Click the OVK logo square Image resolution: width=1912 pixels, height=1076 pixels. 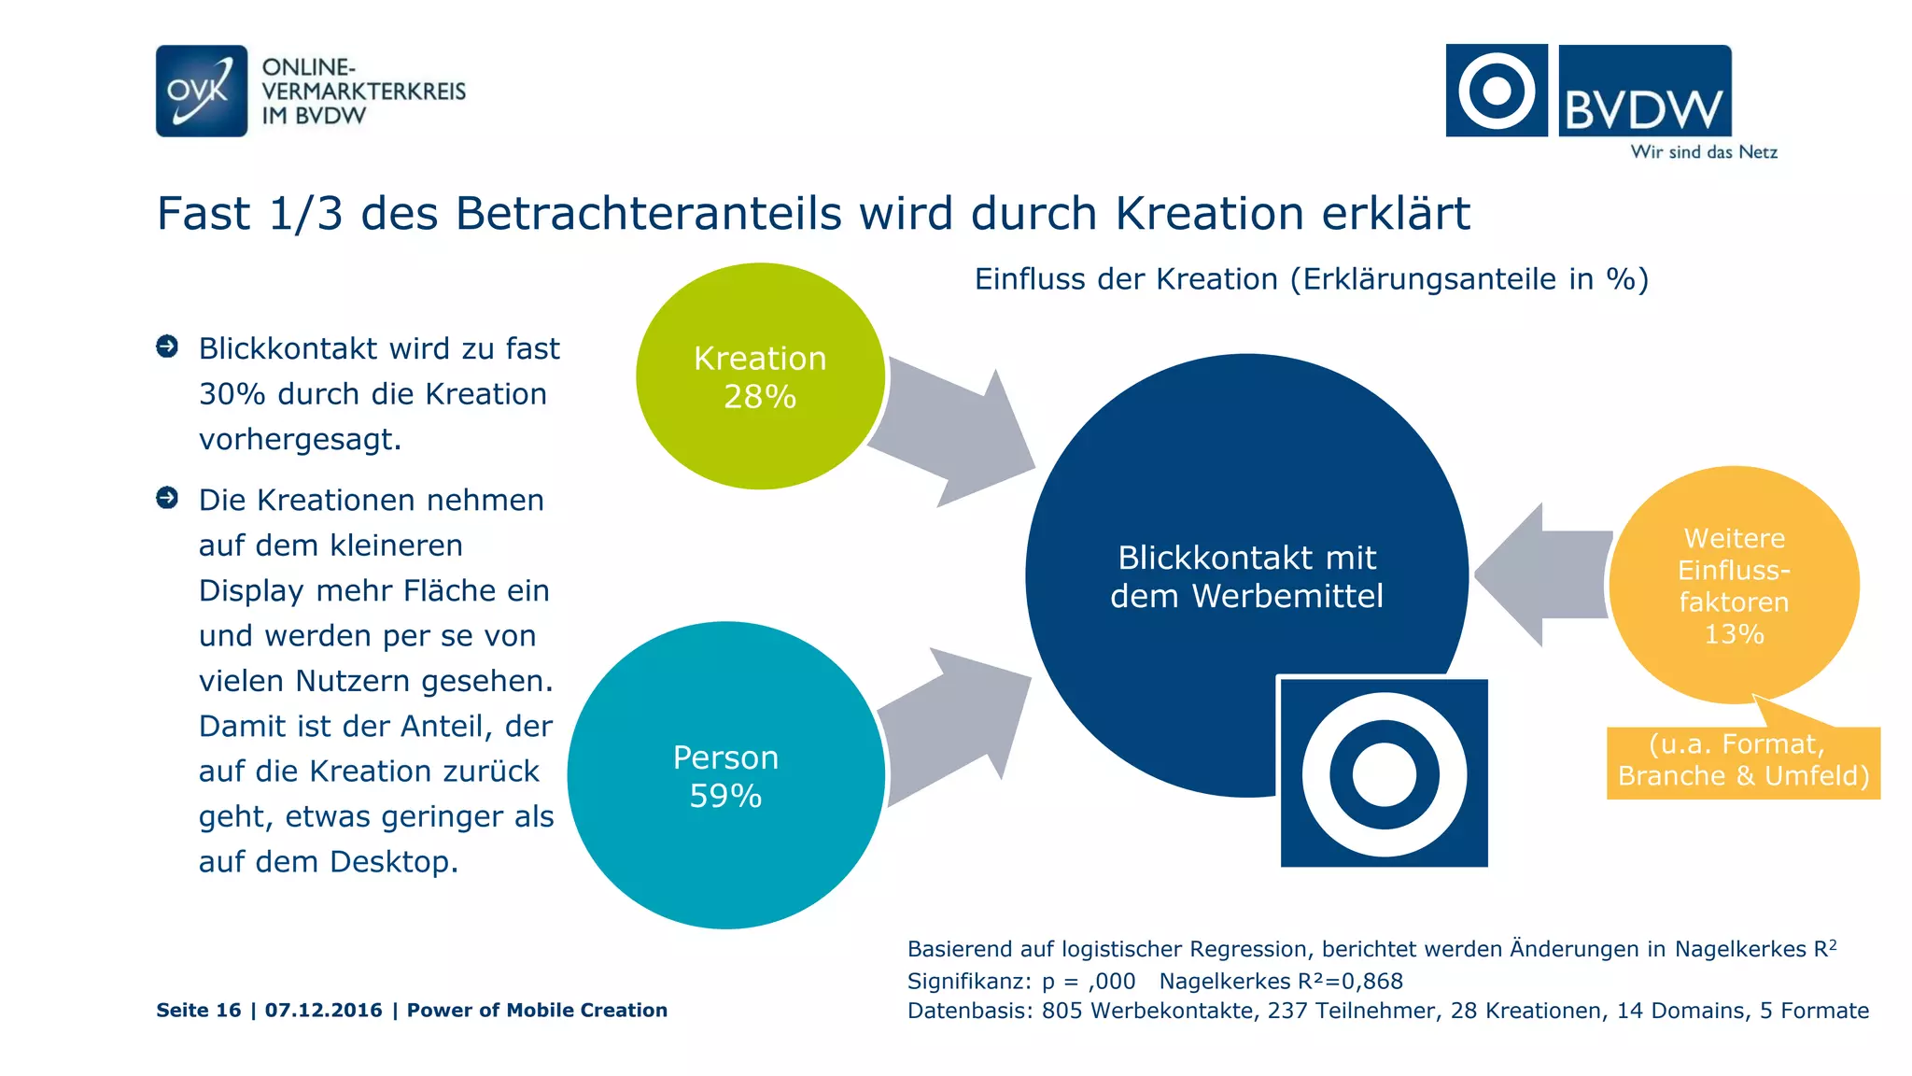point(202,91)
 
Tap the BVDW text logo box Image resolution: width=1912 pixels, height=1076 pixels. point(1644,92)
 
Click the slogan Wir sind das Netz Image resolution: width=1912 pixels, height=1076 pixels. point(1703,152)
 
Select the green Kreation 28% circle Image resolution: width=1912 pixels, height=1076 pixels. point(760,376)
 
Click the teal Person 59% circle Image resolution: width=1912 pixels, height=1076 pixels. point(725,775)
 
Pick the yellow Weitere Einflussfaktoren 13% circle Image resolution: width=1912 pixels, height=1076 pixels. point(1734,585)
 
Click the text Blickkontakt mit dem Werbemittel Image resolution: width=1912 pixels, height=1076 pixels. point(1246,576)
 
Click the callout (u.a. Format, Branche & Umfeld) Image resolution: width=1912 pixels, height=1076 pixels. point(1743,760)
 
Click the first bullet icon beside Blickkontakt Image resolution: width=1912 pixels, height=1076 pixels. point(167,347)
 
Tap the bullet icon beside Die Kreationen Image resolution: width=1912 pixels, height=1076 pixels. point(167,498)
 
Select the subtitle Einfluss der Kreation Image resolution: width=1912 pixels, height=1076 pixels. point(1311,279)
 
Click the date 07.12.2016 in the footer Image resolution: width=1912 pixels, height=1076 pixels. point(323,1010)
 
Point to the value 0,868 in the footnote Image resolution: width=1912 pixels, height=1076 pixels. point(1372,981)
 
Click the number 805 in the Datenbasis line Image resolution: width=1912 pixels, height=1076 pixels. point(1062,1011)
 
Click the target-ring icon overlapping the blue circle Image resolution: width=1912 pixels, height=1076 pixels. point(1384,773)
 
